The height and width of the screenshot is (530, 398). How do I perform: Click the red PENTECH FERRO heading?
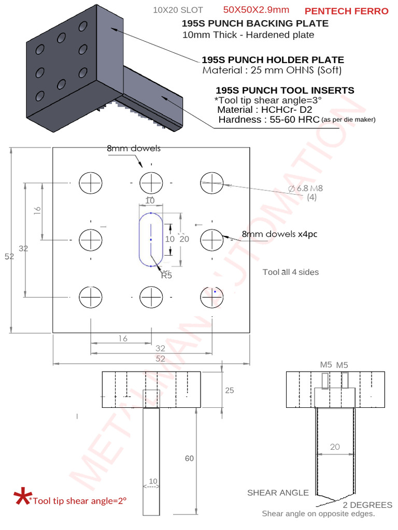[346, 11]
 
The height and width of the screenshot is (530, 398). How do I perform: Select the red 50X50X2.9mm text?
[256, 10]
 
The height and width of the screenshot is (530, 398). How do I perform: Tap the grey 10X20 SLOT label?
[178, 10]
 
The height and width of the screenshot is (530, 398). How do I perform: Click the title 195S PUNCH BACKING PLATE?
[254, 23]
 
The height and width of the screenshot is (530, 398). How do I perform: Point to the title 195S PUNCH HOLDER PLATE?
[273, 60]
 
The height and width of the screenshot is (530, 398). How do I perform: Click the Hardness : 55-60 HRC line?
[268, 120]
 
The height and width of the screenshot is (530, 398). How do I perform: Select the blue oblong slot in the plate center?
[151, 240]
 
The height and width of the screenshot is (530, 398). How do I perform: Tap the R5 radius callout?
[166, 275]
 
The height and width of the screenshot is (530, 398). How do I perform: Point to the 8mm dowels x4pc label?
[280, 234]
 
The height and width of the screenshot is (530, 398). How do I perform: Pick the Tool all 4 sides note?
[291, 272]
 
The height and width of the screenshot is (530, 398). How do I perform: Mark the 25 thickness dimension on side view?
[229, 390]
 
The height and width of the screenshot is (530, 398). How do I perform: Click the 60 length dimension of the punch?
[189, 458]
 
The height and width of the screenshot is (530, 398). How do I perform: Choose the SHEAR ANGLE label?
[278, 492]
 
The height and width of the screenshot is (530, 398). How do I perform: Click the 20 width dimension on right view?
[335, 446]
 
